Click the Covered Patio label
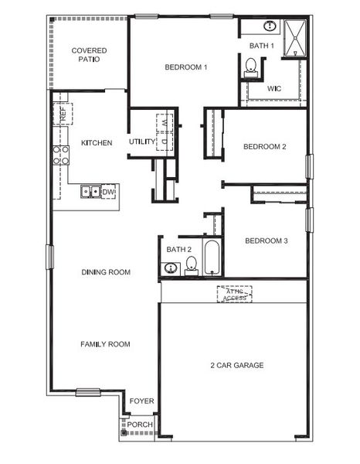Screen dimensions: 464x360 [x=89, y=56]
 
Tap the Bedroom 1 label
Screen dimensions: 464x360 [x=186, y=67]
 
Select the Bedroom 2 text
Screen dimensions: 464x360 [x=265, y=146]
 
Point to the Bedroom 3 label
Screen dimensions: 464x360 [x=266, y=241]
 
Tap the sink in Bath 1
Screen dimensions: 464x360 [x=270, y=26]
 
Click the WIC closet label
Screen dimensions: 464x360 [x=274, y=89]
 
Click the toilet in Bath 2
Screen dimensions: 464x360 [x=191, y=266]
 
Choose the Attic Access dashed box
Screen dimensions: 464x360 [x=234, y=294]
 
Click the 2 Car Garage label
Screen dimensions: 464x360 [x=236, y=365]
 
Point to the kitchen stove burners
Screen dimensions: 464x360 [x=61, y=155]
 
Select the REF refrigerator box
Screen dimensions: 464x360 [x=62, y=114]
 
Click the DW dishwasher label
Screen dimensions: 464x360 [x=108, y=192]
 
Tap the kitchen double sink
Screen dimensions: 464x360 [x=90, y=191]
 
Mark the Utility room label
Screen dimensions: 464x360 [x=142, y=142]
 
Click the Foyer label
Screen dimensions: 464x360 [x=141, y=401]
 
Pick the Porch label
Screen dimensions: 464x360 [x=140, y=425]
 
